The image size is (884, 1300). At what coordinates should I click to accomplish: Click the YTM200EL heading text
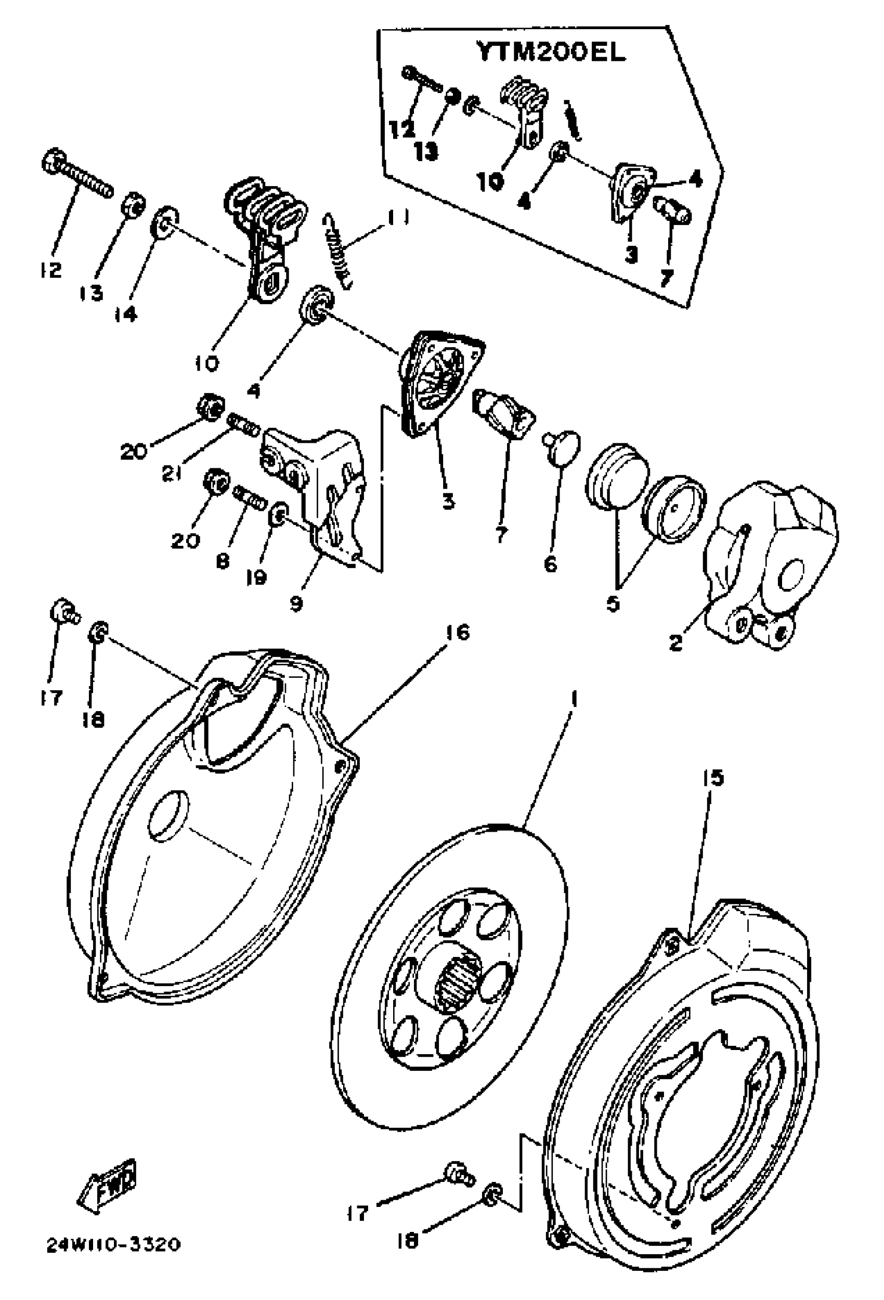click(551, 53)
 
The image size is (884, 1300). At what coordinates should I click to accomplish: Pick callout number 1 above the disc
click(574, 699)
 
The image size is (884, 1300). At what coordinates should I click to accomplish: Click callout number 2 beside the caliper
click(676, 643)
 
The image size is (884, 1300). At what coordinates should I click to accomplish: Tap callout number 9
click(296, 603)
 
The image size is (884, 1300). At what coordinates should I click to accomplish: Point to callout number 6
click(551, 564)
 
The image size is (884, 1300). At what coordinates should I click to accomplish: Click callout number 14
click(125, 315)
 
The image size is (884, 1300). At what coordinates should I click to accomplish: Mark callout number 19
click(256, 577)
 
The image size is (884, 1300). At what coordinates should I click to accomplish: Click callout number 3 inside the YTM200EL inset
click(631, 255)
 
